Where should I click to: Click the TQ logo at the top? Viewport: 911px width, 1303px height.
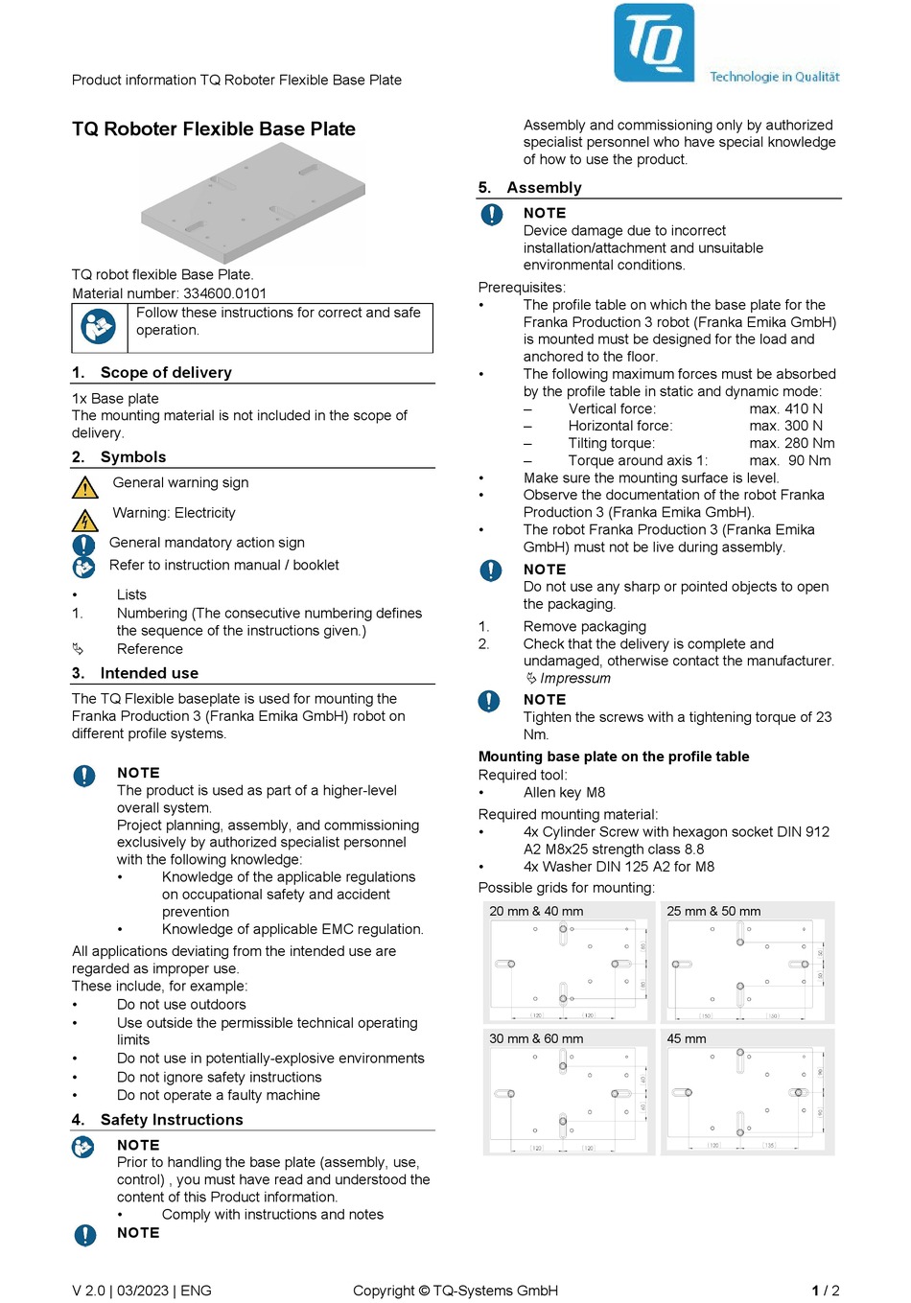654,42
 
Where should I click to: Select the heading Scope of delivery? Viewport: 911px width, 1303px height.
166,372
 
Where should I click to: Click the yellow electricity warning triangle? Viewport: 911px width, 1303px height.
85,520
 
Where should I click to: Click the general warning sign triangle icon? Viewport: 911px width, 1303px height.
85,487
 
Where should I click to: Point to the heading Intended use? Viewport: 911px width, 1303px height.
149,673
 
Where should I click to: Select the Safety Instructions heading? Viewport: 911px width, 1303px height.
172,1119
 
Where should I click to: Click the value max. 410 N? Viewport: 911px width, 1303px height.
785,408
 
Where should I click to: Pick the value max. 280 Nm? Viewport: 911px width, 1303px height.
791,443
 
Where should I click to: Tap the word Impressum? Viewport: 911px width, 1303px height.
574,678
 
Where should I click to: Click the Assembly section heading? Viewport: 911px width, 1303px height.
544,187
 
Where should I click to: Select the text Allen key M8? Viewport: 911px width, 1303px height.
564,792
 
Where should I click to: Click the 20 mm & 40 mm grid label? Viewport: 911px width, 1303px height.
536,911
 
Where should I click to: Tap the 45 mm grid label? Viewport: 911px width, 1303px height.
686,1038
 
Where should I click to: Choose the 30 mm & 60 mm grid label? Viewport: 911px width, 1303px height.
536,1038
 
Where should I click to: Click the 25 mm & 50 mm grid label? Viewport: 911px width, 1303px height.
713,911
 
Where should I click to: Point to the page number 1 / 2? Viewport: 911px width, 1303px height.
825,1291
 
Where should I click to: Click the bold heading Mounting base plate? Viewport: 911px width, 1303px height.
614,756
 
